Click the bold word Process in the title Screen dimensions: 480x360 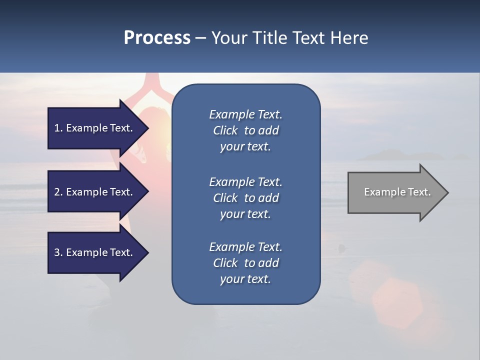point(157,38)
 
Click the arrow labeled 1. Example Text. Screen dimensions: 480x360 point(95,128)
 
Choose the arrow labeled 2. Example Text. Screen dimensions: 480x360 point(95,192)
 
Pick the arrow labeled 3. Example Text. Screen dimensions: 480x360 point(95,252)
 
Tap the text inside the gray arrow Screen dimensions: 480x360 point(397,192)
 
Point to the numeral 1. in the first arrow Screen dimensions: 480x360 point(58,128)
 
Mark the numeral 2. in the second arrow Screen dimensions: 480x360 point(58,192)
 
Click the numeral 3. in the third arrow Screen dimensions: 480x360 point(58,253)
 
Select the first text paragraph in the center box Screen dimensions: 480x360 point(245,130)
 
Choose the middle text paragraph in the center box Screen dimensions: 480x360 point(245,198)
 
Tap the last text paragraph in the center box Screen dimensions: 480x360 point(245,263)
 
